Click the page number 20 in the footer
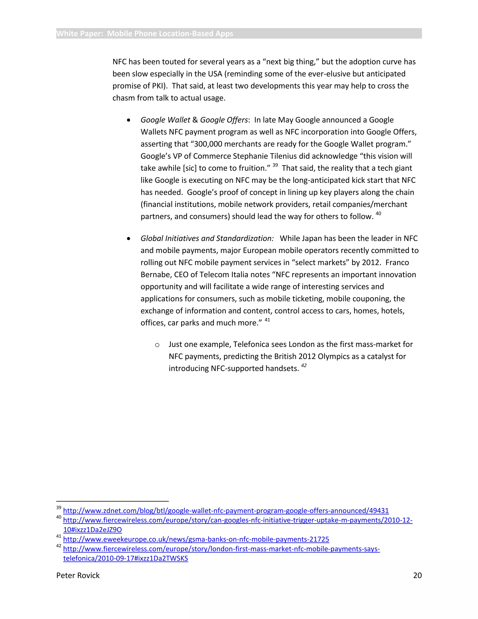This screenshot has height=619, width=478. click(x=417, y=575)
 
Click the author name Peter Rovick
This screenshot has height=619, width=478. click(x=78, y=575)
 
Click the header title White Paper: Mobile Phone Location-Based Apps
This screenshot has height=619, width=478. click(x=144, y=33)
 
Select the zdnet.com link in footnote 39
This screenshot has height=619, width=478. click(x=226, y=510)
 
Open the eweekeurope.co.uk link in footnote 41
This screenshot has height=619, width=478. click(x=196, y=539)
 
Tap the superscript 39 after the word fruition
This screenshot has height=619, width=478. click(x=275, y=165)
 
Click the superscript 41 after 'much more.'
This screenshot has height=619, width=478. click(x=267, y=320)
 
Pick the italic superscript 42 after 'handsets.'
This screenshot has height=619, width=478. click(x=304, y=366)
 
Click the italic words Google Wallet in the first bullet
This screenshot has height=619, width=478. click(x=165, y=120)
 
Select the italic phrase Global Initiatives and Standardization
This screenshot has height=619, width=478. click(x=207, y=238)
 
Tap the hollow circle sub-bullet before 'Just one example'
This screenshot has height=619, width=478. click(x=157, y=345)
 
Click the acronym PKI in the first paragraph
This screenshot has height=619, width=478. click(x=158, y=86)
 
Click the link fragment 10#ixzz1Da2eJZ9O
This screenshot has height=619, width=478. click(x=92, y=530)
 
